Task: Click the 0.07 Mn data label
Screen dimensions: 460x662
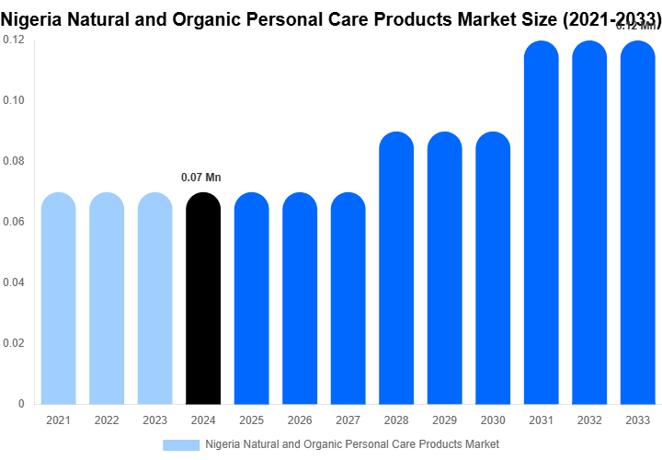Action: coord(201,177)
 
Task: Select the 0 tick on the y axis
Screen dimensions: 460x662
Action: coord(22,404)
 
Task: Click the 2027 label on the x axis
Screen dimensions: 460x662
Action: coord(348,420)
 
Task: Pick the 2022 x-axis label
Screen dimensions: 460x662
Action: coord(107,420)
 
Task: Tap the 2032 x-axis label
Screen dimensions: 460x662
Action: coord(588,420)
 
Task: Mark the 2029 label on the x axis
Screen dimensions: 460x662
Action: coord(444,420)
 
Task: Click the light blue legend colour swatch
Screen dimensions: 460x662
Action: coord(181,444)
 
